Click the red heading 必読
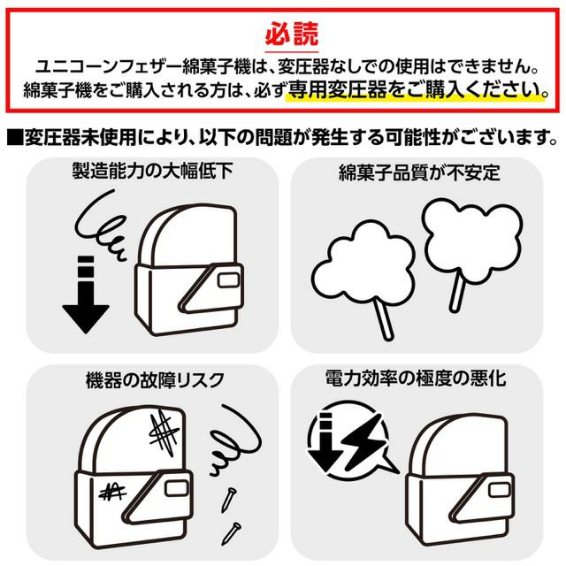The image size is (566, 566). pyautogui.click(x=292, y=34)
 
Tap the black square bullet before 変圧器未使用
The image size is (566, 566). pyautogui.click(x=16, y=138)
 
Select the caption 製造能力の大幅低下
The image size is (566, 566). pyautogui.click(x=152, y=171)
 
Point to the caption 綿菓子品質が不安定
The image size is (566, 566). pyautogui.click(x=419, y=172)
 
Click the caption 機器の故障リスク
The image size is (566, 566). pyautogui.click(x=156, y=380)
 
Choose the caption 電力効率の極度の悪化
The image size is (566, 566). pyautogui.click(x=416, y=379)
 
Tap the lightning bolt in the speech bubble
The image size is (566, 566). pyautogui.click(x=362, y=441)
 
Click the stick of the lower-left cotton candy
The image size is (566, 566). pyautogui.click(x=383, y=320)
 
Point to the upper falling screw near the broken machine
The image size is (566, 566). pyautogui.click(x=229, y=500)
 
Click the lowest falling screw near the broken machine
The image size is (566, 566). pyautogui.click(x=231, y=533)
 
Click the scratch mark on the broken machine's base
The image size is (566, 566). pyautogui.click(x=112, y=492)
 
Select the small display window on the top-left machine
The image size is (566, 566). pyautogui.click(x=229, y=279)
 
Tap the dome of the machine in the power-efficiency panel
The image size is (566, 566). pyautogui.click(x=458, y=445)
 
